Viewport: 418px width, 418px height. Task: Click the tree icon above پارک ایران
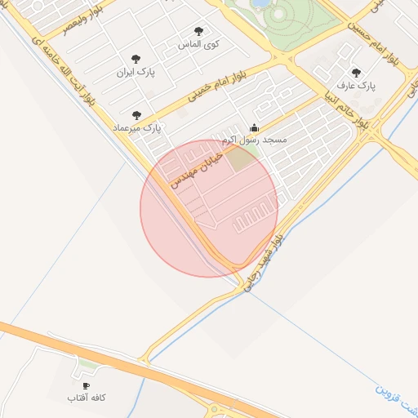pos(135,59)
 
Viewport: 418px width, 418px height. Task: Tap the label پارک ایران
pos(136,72)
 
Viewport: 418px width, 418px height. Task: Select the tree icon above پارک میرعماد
pos(136,115)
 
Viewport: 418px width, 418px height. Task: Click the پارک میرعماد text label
pos(140,128)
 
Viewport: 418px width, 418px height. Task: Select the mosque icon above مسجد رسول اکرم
pos(255,127)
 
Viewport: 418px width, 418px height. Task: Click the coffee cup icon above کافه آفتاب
pos(86,385)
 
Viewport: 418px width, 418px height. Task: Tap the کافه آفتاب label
pos(88,398)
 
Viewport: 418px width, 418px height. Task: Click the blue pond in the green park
pos(260,4)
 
